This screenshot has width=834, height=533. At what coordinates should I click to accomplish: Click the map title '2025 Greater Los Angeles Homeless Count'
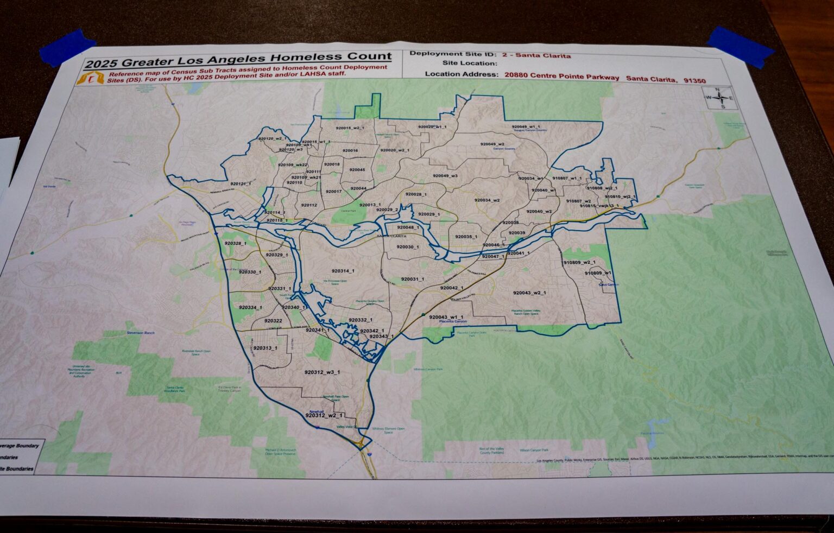coord(237,57)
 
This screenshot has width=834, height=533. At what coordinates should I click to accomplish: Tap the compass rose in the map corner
coord(719,98)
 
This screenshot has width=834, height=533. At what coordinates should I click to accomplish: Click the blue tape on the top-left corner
coord(68,46)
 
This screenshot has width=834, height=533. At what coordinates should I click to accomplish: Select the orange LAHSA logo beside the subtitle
coord(90,79)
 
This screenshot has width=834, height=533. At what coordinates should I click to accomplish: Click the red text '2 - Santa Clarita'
coord(536,55)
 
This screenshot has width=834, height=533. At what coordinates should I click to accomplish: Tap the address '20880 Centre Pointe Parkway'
coord(561,78)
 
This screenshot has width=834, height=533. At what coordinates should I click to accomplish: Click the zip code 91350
coord(694,81)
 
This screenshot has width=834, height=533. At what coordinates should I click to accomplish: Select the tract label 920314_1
coord(343,271)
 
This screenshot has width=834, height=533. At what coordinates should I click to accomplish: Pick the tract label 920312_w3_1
coord(322,372)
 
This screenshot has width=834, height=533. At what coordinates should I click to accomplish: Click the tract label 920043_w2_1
coord(529,293)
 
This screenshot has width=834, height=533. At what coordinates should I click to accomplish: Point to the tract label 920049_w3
coord(445,176)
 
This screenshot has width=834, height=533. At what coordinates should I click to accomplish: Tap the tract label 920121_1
coord(241,184)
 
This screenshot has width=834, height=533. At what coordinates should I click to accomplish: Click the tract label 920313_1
coord(265,348)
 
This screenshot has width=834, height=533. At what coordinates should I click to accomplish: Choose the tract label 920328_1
coord(235,244)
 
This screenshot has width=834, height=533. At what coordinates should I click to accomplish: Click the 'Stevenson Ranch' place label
coord(141,332)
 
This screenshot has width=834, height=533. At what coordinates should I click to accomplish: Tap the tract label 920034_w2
coord(486,200)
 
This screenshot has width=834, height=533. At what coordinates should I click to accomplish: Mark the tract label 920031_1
coord(413,279)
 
